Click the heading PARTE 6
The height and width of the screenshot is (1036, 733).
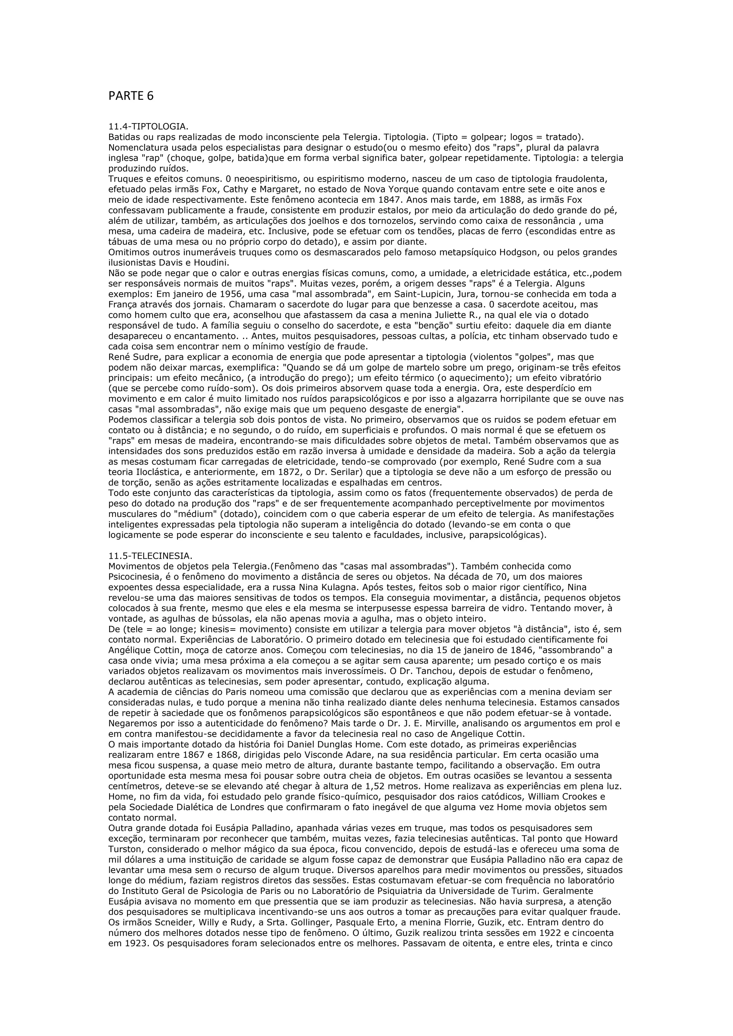[131, 96]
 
